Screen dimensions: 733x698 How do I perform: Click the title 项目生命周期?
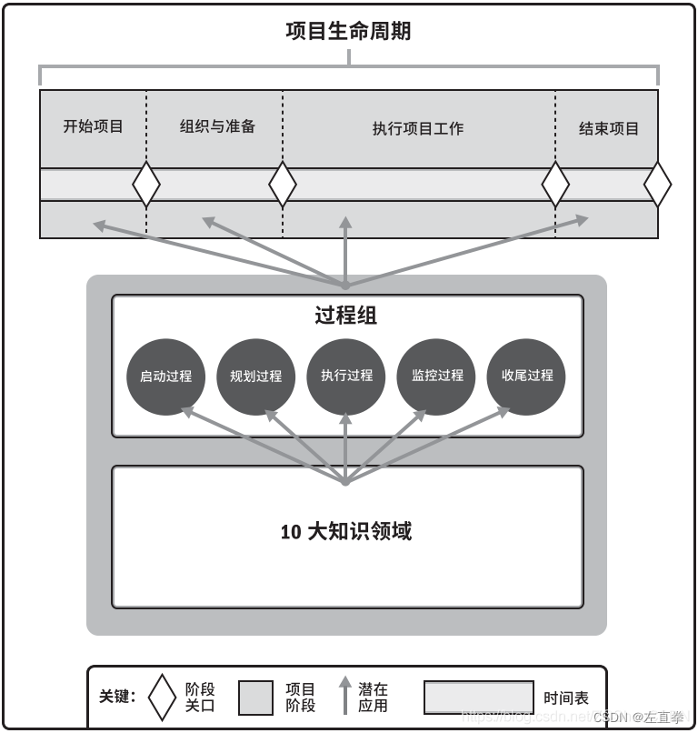pyautogui.click(x=348, y=31)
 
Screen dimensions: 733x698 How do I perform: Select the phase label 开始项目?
pyautogui.click(x=93, y=126)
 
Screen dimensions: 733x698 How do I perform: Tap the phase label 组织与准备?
pyautogui.click(x=217, y=126)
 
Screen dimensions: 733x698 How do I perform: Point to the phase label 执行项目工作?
pyautogui.click(x=418, y=128)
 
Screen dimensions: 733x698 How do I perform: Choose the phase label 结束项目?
pyautogui.click(x=609, y=128)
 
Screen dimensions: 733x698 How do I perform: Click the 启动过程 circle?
pyautogui.click(x=165, y=376)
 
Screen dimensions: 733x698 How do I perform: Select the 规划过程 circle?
pyautogui.click(x=255, y=376)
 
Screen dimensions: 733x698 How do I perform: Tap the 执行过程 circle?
pyautogui.click(x=346, y=376)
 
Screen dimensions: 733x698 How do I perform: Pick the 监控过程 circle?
pyautogui.click(x=436, y=376)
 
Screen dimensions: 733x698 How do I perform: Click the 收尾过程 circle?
pyautogui.click(x=526, y=376)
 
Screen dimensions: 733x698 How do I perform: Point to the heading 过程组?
pyautogui.click(x=345, y=316)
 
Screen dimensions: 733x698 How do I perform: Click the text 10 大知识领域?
pyautogui.click(x=346, y=531)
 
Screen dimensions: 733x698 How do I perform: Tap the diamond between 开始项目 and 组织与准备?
pyautogui.click(x=146, y=185)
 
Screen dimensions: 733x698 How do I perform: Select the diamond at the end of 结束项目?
pyautogui.click(x=657, y=185)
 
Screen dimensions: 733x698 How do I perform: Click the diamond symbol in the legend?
pyautogui.click(x=162, y=698)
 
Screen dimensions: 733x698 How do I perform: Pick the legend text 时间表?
pyautogui.click(x=566, y=698)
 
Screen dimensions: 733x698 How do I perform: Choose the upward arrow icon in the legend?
pyautogui.click(x=344, y=696)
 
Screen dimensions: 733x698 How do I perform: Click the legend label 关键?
pyautogui.click(x=117, y=698)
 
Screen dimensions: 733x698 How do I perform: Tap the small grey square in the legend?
pyautogui.click(x=255, y=698)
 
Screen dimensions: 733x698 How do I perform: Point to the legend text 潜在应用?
pyautogui.click(x=373, y=698)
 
